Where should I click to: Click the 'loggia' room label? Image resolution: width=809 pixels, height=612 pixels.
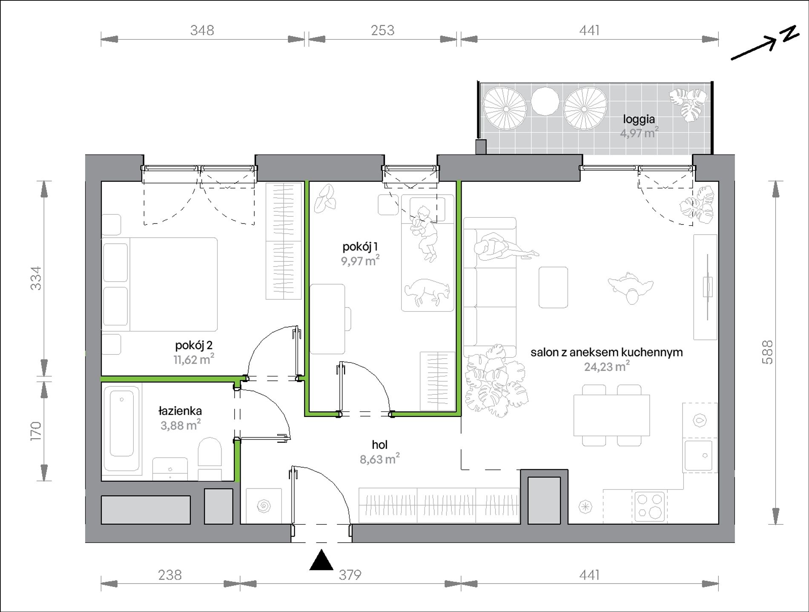pyautogui.click(x=639, y=120)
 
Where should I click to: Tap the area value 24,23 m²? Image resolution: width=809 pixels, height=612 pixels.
pyautogui.click(x=607, y=366)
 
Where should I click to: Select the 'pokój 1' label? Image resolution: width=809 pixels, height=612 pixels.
pyautogui.click(x=360, y=247)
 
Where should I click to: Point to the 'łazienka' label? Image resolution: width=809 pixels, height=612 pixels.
pyautogui.click(x=180, y=411)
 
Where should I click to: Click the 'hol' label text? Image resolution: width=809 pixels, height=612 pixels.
pyautogui.click(x=380, y=445)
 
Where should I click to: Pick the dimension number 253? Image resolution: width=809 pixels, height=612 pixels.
pyautogui.click(x=382, y=30)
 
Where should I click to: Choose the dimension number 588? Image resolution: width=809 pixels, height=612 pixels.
pyautogui.click(x=767, y=352)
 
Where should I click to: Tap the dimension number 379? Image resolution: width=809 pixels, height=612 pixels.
pyautogui.click(x=350, y=575)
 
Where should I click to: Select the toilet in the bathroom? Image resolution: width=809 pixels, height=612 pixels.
pyautogui.click(x=210, y=458)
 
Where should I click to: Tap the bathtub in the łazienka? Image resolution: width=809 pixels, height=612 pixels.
pyautogui.click(x=122, y=431)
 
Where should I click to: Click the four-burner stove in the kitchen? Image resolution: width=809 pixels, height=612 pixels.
pyautogui.click(x=649, y=506)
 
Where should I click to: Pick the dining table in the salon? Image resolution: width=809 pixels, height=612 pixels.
pyautogui.click(x=611, y=415)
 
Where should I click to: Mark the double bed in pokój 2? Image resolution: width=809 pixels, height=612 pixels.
pyautogui.click(x=160, y=284)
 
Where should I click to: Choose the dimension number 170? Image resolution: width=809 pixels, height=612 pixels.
pyautogui.click(x=36, y=431)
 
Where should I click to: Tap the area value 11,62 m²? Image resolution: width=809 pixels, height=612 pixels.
pyautogui.click(x=194, y=359)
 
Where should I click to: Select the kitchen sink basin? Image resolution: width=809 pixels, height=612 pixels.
pyautogui.click(x=699, y=455)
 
